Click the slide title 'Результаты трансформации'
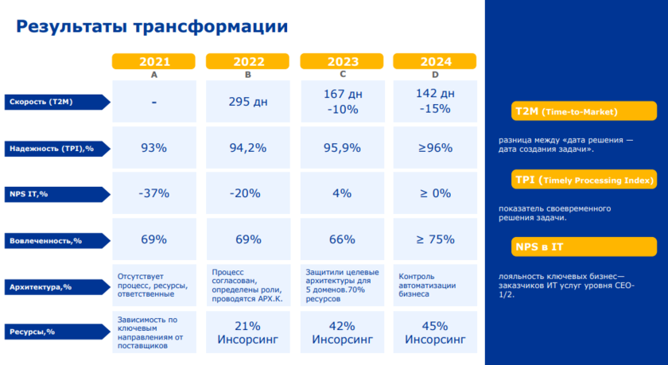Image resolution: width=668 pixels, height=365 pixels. (152, 26)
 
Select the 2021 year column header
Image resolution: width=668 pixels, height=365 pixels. (154, 61)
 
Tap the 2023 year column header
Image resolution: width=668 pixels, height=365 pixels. (342, 61)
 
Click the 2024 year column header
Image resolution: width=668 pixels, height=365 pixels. (434, 61)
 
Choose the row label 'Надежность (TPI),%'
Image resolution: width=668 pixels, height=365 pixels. (54, 148)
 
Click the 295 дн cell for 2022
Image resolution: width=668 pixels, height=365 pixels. (248, 102)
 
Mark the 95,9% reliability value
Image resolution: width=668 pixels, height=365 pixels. (342, 148)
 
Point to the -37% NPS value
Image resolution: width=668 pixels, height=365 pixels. (154, 193)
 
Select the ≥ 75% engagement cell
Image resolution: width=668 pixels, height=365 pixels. (434, 239)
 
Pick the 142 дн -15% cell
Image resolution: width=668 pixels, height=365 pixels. (434, 101)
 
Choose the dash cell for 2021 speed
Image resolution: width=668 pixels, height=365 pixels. (154, 102)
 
